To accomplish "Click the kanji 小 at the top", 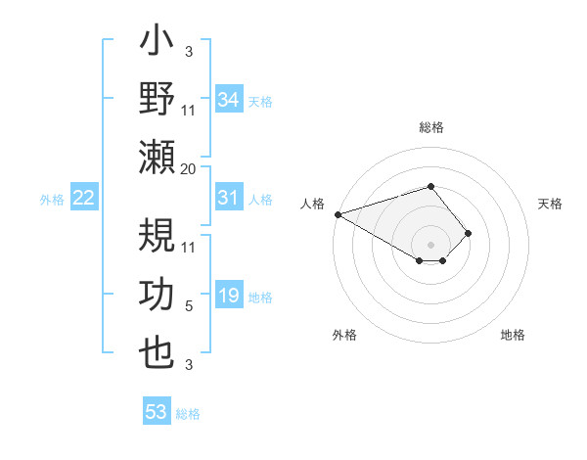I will point(157,45).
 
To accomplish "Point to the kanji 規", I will point(157,238).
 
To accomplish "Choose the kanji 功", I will point(157,295).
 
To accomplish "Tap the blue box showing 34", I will point(228,100).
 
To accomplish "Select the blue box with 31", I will point(228,198).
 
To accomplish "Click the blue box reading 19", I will point(228,296).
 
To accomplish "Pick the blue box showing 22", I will point(83,198).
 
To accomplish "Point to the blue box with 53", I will point(157,412).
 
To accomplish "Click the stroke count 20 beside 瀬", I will point(189,169).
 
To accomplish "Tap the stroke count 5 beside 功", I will point(189,306).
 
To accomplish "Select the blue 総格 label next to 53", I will point(188,414).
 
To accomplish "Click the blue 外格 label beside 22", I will point(52,200).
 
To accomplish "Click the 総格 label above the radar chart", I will point(430,127).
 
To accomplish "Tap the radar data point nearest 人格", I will point(338,213).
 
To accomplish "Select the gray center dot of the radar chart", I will point(430,244).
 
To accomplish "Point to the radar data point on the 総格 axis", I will point(430,186).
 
